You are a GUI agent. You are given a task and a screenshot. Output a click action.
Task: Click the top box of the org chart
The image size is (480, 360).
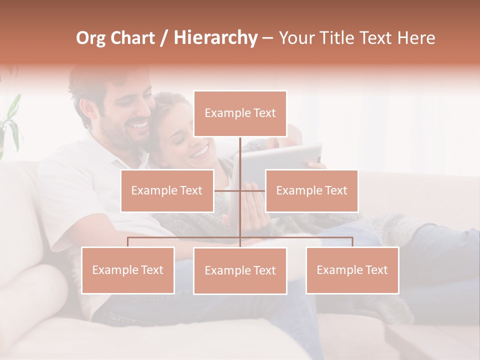(240, 113)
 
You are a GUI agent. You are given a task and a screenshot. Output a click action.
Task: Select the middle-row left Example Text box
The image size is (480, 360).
(167, 190)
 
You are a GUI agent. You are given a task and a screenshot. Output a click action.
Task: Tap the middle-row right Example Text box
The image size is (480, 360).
(311, 190)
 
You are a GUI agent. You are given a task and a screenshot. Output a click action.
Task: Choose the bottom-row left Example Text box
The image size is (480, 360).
(128, 270)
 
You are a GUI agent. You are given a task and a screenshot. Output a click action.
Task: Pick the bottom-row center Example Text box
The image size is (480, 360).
(240, 270)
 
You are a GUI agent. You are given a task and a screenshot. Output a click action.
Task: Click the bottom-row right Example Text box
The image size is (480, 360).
(352, 270)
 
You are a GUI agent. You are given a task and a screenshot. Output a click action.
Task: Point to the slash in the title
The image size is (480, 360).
(164, 38)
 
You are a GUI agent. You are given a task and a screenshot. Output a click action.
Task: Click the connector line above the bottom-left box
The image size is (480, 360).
(128, 241)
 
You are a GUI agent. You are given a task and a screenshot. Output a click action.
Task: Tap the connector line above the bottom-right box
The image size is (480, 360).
(352, 241)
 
